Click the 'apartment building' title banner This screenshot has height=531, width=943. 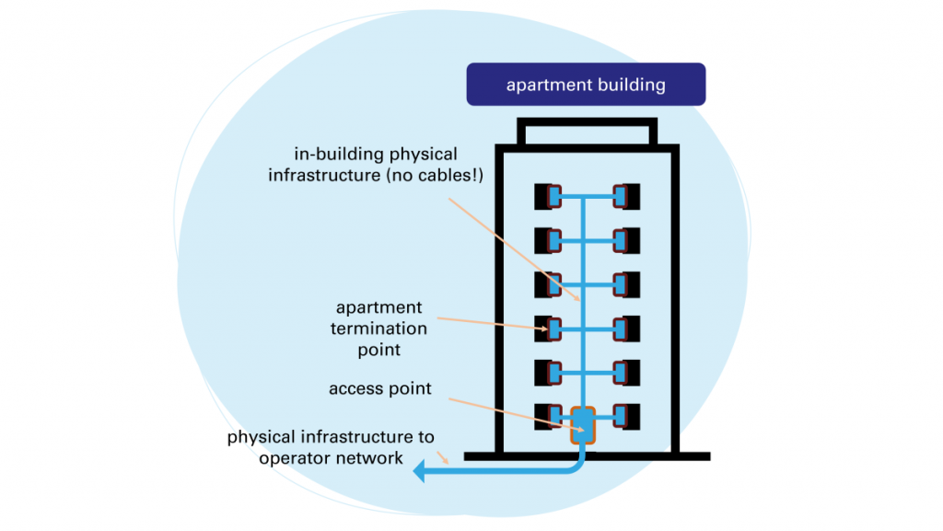click(x=586, y=85)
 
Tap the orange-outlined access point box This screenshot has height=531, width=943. click(x=583, y=423)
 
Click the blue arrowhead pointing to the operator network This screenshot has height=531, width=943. click(x=420, y=472)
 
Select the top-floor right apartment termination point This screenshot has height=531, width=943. click(x=626, y=197)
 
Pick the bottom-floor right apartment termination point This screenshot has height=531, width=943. click(x=626, y=417)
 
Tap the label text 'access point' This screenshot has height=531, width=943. click(x=379, y=388)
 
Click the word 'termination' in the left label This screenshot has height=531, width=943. click(x=379, y=329)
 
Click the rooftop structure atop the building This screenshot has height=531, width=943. click(x=587, y=133)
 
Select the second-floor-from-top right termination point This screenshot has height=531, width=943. click(x=626, y=241)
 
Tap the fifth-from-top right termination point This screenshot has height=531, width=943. click(x=626, y=373)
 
